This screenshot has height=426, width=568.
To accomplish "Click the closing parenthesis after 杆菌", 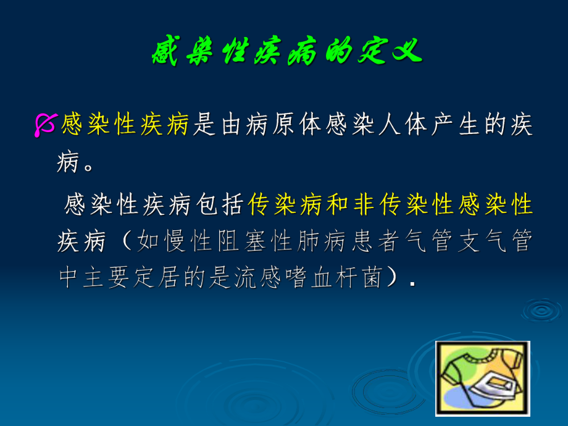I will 393,279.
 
